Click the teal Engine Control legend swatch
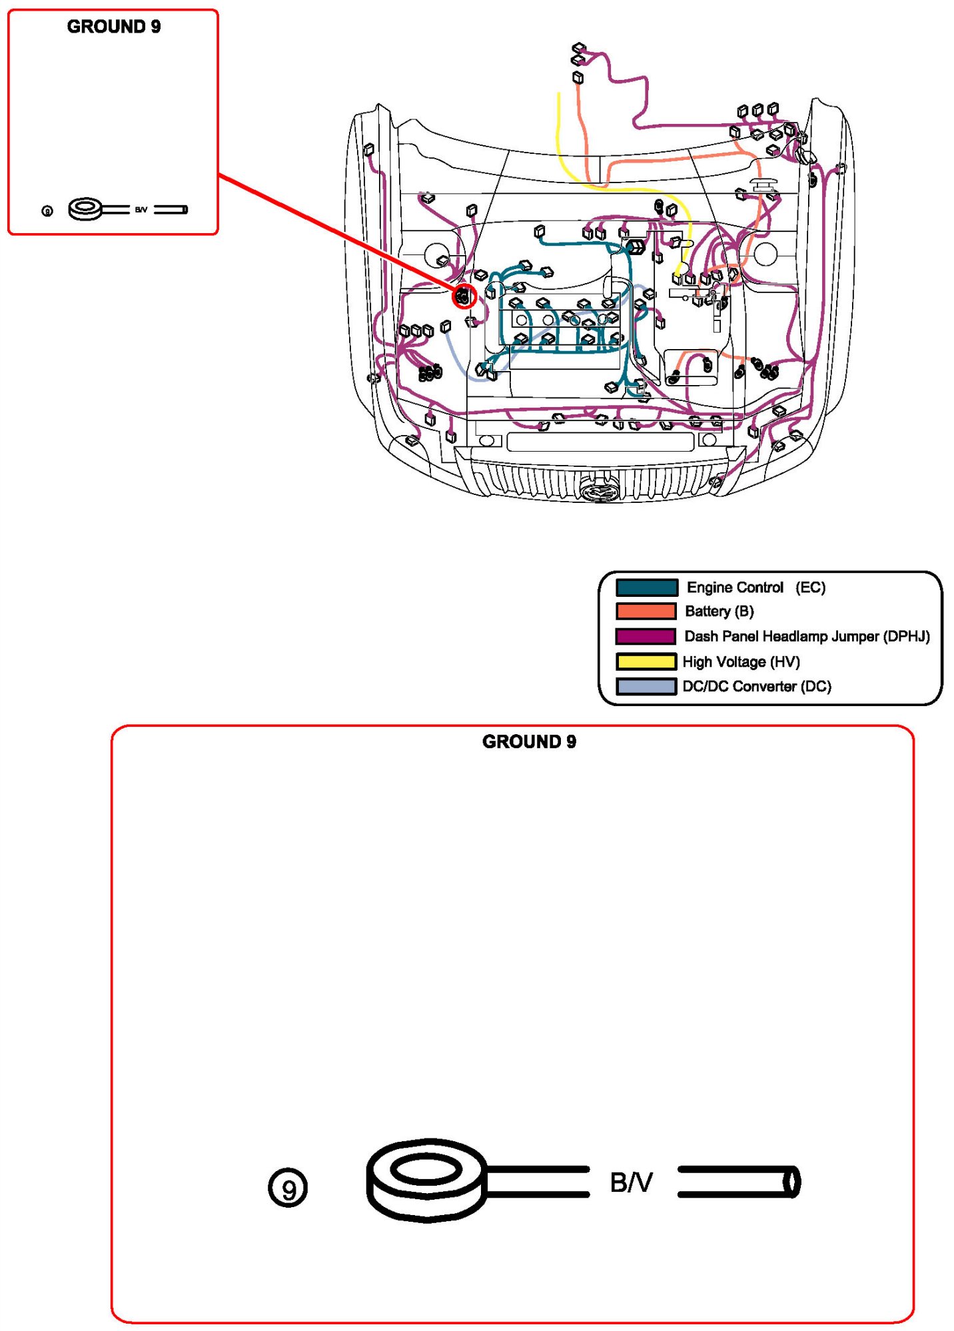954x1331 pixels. [x=646, y=587]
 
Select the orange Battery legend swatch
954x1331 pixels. [x=646, y=611]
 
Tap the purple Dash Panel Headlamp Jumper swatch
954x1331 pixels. [x=646, y=636]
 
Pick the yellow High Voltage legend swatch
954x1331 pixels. [x=646, y=662]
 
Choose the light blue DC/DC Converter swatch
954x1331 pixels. [x=646, y=686]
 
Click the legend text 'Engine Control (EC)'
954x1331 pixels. [x=755, y=587]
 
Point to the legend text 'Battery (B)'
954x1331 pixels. [x=719, y=611]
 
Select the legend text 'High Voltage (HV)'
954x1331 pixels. [x=741, y=662]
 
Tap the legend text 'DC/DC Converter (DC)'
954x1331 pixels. [x=757, y=686]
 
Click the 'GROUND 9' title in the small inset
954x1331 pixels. [x=114, y=27]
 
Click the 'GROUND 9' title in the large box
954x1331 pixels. [x=529, y=741]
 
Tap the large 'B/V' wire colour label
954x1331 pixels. [x=631, y=1182]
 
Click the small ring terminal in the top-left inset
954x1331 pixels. [x=85, y=209]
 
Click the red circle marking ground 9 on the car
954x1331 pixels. [x=464, y=296]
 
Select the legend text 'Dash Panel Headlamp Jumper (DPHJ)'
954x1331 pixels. [x=807, y=636]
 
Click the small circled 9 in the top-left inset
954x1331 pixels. [x=47, y=211]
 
